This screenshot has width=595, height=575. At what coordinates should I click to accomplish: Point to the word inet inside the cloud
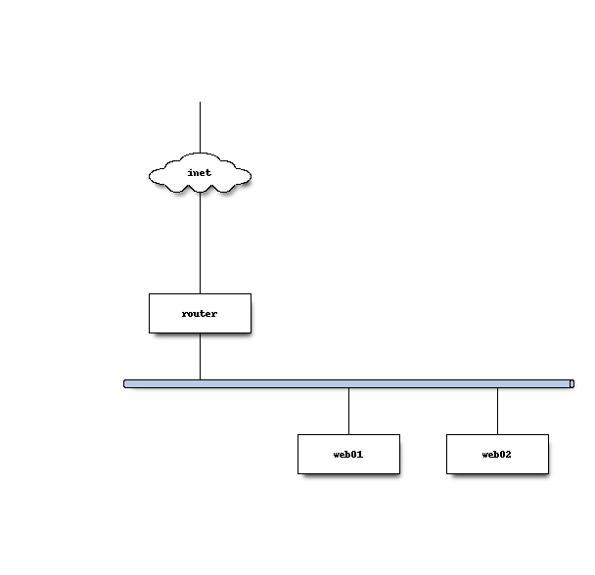(x=200, y=173)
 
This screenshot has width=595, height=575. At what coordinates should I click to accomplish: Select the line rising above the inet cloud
(x=200, y=127)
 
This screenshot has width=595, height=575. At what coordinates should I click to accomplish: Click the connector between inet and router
(x=200, y=243)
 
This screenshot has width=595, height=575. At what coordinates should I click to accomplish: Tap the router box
(x=200, y=313)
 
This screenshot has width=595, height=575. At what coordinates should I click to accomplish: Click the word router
(x=200, y=314)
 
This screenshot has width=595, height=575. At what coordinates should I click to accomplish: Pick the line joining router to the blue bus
(x=200, y=357)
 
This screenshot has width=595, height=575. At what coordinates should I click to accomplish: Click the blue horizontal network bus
(x=348, y=384)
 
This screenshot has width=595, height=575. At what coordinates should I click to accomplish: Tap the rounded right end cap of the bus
(x=572, y=384)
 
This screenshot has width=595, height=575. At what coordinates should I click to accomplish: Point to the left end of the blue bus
(x=124, y=384)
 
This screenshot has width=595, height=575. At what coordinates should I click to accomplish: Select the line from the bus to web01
(x=348, y=411)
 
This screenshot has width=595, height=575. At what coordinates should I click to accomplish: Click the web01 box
(x=348, y=454)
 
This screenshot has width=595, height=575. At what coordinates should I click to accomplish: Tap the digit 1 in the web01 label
(x=360, y=454)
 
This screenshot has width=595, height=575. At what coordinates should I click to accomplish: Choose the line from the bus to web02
(x=497, y=411)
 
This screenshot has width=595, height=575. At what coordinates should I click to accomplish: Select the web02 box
(x=497, y=454)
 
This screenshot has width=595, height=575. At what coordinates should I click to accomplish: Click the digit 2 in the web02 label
(x=508, y=454)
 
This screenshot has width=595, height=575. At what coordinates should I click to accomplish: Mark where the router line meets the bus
(x=200, y=379)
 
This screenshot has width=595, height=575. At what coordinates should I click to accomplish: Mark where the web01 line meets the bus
(x=348, y=388)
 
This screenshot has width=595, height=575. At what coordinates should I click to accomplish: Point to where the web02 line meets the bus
(x=497, y=388)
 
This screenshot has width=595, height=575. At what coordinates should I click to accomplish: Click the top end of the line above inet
(x=200, y=102)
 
